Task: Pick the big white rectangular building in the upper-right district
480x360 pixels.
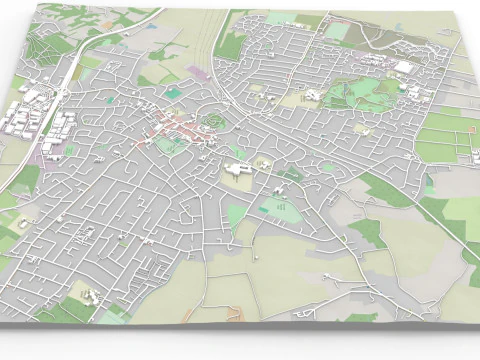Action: (x=403, y=67)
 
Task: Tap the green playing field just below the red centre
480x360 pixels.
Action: (x=166, y=146)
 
